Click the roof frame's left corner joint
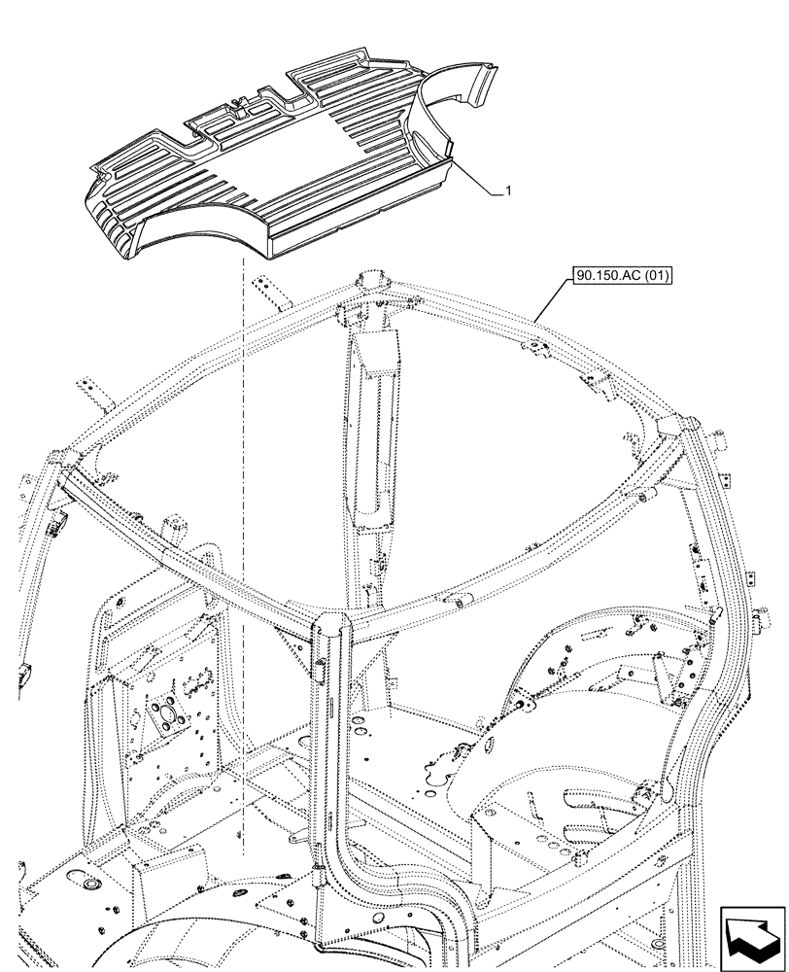[x=66, y=462]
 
